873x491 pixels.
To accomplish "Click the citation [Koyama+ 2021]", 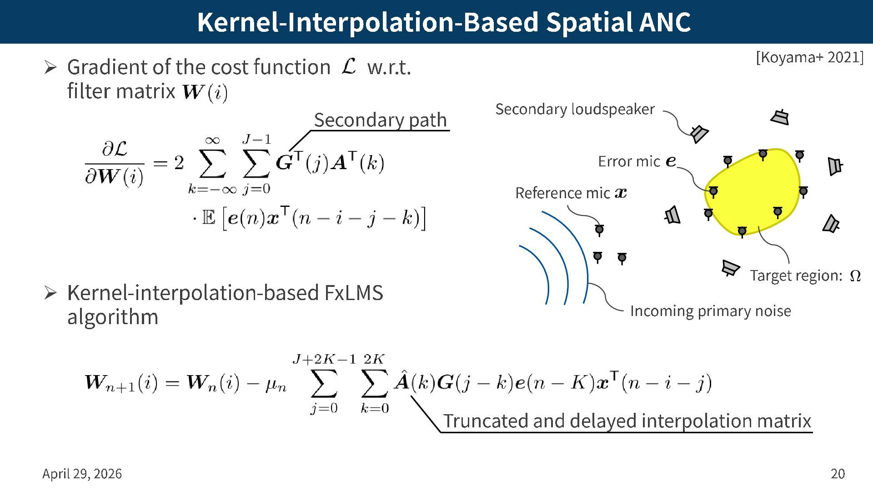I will (809, 58).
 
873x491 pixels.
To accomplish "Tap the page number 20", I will (838, 474).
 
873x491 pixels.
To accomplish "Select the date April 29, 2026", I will (82, 474).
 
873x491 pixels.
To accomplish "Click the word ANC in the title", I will (664, 22).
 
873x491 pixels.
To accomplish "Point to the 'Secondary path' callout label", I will (380, 120).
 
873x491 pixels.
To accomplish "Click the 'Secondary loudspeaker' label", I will (575, 109).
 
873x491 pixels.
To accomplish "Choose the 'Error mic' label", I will (629, 161).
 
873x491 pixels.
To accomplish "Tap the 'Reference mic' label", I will (562, 193).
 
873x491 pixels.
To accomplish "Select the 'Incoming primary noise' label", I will (710, 311).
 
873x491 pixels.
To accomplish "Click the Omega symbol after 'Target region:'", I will (855, 276).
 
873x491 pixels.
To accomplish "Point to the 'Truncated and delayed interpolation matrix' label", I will (627, 421).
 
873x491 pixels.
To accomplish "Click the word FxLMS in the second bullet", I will (354, 293).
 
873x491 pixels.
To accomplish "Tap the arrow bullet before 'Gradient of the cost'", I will (50, 67).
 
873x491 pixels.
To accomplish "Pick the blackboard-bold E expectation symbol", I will (208, 218).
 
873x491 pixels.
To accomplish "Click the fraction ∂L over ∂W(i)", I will (115, 163).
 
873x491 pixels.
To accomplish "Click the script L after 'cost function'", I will (349, 66).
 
